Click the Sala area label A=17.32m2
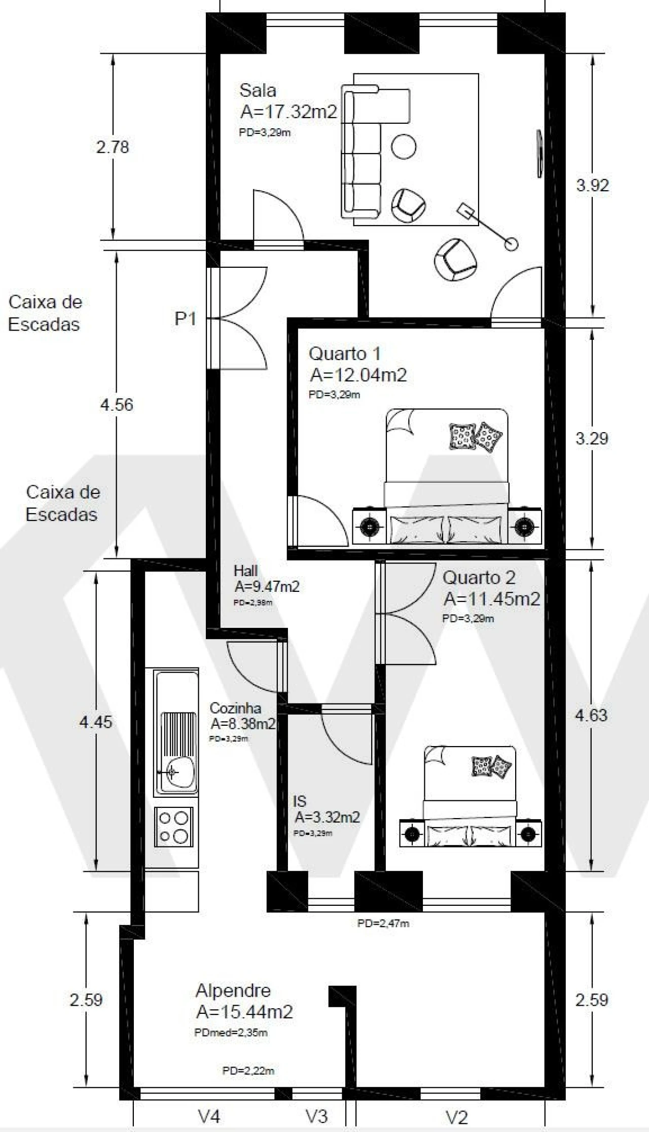coord(289,112)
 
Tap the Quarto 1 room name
coord(344,353)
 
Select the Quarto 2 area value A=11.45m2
coord(491,599)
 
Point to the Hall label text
coord(245,571)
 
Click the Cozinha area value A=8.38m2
coord(243,723)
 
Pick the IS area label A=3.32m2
coord(327,817)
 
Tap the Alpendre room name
coord(233,990)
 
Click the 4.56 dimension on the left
coord(117,405)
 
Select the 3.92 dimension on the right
coord(592,185)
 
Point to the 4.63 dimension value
coord(591,715)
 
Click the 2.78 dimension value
coord(113,147)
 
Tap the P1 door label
coord(185,319)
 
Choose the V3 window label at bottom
coord(316,1116)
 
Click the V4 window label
coord(209,1116)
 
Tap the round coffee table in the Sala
coord(404,147)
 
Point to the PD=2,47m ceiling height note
coord(383,924)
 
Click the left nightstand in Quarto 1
coord(369,526)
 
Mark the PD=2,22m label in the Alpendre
coord(248,1071)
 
